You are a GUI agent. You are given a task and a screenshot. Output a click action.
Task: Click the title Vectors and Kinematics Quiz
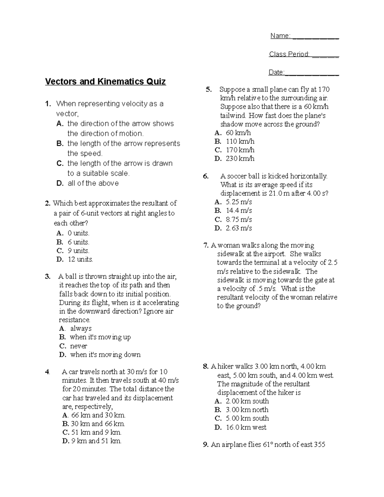[105, 82]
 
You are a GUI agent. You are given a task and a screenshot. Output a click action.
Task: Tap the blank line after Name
[316, 37]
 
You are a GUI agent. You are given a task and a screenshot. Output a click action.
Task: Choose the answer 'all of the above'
[93, 183]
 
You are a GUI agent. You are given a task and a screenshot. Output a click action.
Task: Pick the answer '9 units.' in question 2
[78, 251]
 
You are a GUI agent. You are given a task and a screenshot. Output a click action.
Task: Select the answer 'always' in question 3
[81, 328]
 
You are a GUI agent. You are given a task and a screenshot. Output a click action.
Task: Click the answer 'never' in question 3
[78, 346]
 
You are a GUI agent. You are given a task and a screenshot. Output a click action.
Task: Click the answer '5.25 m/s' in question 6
[239, 202]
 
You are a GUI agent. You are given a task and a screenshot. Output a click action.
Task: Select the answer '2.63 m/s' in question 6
[239, 228]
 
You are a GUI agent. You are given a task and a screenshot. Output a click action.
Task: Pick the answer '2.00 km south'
[247, 401]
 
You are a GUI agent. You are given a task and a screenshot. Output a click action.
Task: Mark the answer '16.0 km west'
[246, 427]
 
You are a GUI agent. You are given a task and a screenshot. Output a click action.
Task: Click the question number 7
[206, 245]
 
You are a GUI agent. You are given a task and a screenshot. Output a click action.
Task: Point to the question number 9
[206, 445]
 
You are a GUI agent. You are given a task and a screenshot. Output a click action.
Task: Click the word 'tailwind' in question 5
[233, 116]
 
